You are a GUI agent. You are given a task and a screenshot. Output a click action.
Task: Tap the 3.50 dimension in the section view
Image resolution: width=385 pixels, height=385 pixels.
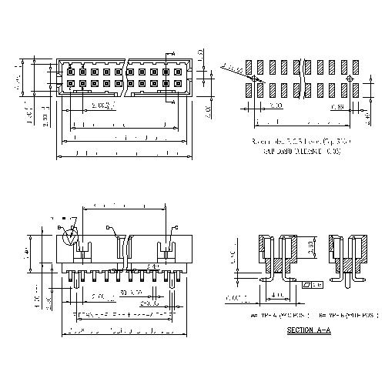click(306, 248)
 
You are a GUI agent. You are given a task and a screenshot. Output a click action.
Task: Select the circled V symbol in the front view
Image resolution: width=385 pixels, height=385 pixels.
click(72, 236)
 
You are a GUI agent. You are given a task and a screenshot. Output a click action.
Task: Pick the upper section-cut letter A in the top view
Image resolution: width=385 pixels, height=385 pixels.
click(174, 53)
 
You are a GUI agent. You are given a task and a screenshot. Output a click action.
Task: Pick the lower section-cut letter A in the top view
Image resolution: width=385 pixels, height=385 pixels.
click(174, 99)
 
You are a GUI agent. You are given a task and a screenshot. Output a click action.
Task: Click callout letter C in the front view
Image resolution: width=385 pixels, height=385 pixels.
click(176, 228)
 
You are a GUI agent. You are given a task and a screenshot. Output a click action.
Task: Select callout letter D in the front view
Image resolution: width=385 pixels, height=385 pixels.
click(107, 227)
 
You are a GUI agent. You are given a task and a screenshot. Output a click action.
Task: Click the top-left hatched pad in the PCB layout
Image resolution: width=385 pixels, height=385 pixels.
click(249, 63)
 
